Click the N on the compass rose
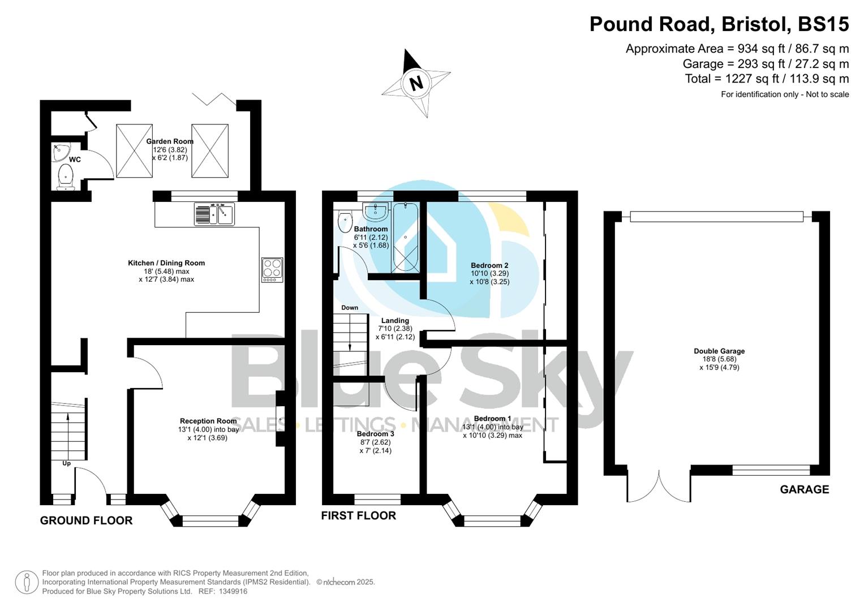coord(416,83)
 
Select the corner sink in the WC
coord(59,152)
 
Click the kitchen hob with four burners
coord(272,270)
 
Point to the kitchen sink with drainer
coord(214,214)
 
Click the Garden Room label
coord(170,141)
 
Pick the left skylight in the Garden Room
coord(135,150)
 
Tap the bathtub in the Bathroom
coord(405,238)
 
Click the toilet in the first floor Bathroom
coord(345,222)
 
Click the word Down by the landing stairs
coord(350,308)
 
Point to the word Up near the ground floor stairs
coord(66,463)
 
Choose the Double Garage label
coord(719,351)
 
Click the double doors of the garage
coord(659,487)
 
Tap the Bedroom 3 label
coord(375,434)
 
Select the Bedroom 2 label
coord(489,265)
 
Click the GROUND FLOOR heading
coord(86,520)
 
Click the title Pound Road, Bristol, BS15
coord(719,24)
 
